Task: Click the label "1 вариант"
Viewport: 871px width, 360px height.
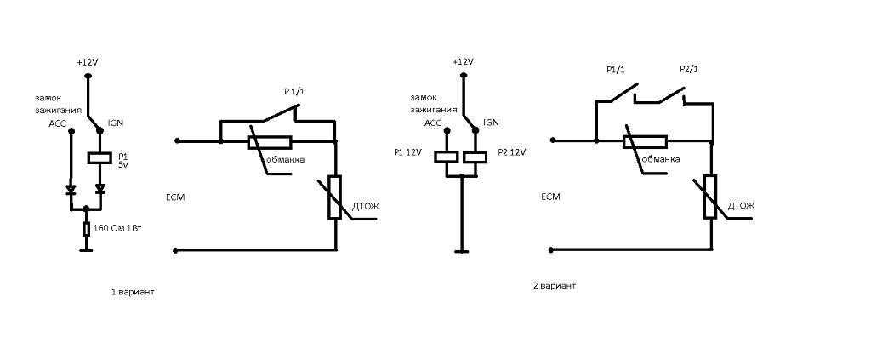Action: coord(134,291)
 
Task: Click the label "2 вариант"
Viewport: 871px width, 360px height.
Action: coord(555,285)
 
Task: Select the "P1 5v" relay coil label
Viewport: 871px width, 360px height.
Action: coord(123,160)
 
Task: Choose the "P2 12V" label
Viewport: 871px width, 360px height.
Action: coord(512,152)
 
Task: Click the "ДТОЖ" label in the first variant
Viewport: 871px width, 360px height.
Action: coord(365,207)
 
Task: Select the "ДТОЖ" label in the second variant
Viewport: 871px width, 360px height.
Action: coord(741,207)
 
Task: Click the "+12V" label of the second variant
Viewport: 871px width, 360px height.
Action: coord(463,62)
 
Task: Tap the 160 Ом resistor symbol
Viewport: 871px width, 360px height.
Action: coord(86,230)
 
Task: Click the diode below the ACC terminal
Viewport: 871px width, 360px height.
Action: coord(71,188)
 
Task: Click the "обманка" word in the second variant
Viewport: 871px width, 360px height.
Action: coord(661,158)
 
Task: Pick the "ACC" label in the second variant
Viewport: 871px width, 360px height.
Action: coord(432,123)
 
